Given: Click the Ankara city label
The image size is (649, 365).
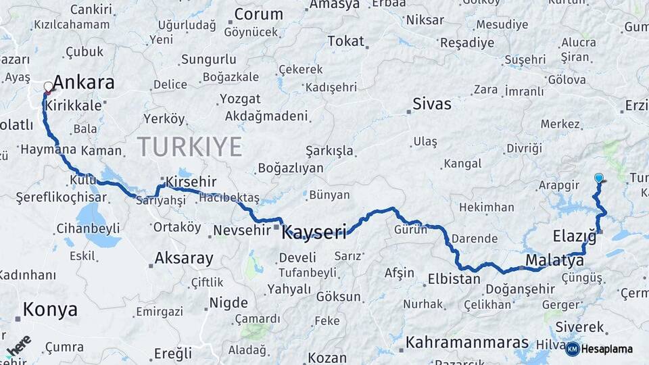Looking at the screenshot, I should click(83, 83).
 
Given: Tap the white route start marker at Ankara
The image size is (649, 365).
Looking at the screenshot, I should click(48, 87).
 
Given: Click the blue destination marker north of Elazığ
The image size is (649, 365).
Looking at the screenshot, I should click(598, 178).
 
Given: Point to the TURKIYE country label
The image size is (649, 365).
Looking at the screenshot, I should click(189, 147).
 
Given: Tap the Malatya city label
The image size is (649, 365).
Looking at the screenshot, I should click(554, 260).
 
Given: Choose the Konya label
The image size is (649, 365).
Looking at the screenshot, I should click(50, 310).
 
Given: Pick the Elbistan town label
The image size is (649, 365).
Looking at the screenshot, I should click(453, 278).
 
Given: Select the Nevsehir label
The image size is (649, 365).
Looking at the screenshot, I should click(241, 230).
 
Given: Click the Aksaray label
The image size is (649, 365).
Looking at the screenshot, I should click(184, 258).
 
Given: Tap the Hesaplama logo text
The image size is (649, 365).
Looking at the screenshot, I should click(608, 349).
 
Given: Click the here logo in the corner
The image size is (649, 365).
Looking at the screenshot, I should click(19, 345).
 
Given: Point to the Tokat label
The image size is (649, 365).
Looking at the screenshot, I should click(345, 41).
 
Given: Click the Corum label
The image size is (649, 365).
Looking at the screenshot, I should click(258, 14).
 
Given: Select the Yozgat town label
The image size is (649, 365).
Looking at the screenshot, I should click(239, 99).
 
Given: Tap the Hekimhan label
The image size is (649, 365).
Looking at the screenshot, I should click(487, 208).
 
